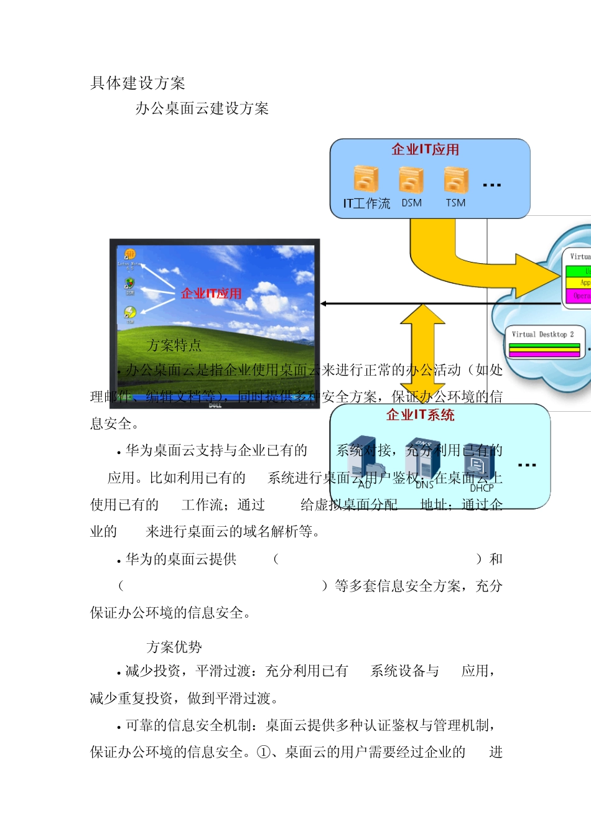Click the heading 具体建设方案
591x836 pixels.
click(x=137, y=83)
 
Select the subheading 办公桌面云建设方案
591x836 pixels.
click(x=202, y=109)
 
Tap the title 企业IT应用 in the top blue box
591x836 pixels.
click(x=425, y=150)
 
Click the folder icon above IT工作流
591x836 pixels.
click(x=366, y=179)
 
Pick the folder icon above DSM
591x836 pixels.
click(x=411, y=179)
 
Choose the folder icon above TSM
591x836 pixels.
click(x=456, y=179)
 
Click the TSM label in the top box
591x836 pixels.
click(x=455, y=203)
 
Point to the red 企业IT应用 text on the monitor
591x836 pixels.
click(x=211, y=294)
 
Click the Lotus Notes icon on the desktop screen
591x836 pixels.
click(x=130, y=254)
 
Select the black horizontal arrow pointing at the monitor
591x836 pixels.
click(x=435, y=304)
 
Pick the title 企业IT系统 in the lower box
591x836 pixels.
click(x=420, y=416)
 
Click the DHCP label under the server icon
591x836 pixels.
click(x=482, y=488)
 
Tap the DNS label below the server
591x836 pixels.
click(x=424, y=485)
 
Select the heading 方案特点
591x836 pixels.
click(x=174, y=345)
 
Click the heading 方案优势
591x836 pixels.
click(x=174, y=648)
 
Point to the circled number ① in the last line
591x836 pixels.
click(x=264, y=753)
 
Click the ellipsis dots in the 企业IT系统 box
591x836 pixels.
click(x=526, y=465)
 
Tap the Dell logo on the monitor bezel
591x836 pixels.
click(x=215, y=405)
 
